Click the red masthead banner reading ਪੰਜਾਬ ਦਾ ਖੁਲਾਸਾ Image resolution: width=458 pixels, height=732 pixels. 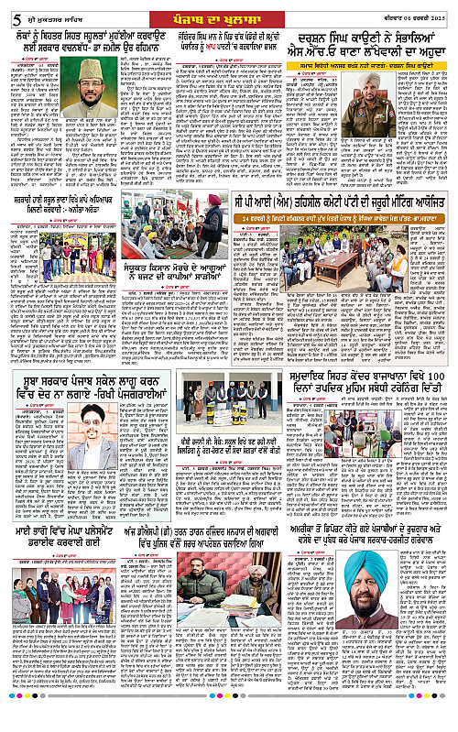[x=228, y=14]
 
